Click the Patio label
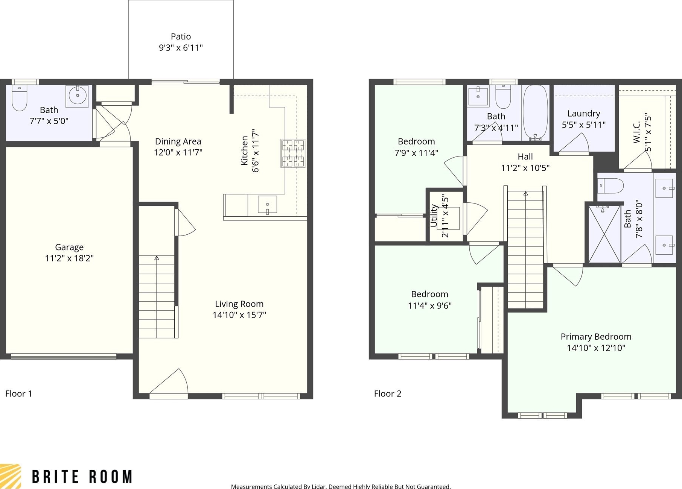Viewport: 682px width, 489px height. click(181, 36)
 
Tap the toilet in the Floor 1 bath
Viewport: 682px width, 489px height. click(19, 98)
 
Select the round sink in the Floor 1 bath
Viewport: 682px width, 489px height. click(78, 96)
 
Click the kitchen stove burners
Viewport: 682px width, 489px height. click(293, 153)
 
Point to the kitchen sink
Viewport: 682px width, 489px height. click(267, 205)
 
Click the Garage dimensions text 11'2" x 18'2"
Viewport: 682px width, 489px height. click(69, 258)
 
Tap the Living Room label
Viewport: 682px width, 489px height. click(239, 304)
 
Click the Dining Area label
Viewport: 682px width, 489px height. click(178, 141)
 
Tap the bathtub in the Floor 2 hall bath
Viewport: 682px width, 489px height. click(535, 112)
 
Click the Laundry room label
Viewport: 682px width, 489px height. click(584, 114)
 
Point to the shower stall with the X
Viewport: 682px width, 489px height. click(604, 234)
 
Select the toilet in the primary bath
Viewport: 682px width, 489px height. click(610, 186)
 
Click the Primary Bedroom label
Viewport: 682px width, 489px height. click(596, 337)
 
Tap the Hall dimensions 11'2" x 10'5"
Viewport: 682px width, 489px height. click(525, 168)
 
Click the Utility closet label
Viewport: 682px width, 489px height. click(434, 216)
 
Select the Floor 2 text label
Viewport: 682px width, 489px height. click(388, 393)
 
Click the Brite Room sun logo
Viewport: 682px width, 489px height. click(10, 476)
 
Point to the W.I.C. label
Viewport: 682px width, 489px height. click(636, 132)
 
